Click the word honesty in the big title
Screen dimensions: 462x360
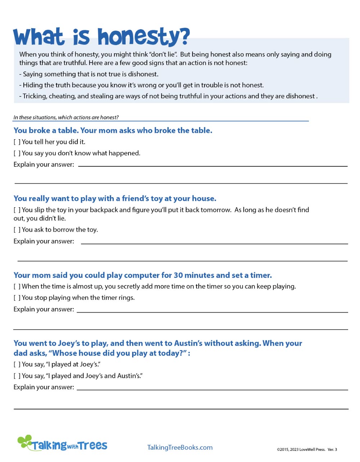(x=143, y=37)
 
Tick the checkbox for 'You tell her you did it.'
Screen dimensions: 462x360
(x=17, y=142)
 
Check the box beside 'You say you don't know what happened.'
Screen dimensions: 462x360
(x=17, y=153)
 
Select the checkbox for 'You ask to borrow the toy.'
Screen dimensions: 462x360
(x=17, y=230)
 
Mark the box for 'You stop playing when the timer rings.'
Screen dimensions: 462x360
(x=17, y=298)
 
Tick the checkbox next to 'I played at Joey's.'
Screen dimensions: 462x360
(x=17, y=364)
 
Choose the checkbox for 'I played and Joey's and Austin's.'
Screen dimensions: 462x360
(x=17, y=376)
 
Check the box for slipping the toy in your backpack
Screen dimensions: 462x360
(x=17, y=210)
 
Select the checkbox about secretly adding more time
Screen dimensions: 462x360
(x=17, y=287)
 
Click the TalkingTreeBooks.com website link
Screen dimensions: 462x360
(x=180, y=447)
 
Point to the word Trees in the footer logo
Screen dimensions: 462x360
(x=93, y=445)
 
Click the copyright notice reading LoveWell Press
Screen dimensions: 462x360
(x=307, y=449)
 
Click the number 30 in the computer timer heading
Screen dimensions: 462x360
(x=178, y=275)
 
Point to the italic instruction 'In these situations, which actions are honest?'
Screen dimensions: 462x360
(x=66, y=117)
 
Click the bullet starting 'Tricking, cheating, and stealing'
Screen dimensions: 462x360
(x=168, y=96)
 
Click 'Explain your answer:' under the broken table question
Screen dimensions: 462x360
(x=44, y=164)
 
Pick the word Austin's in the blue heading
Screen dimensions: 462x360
(x=188, y=343)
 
